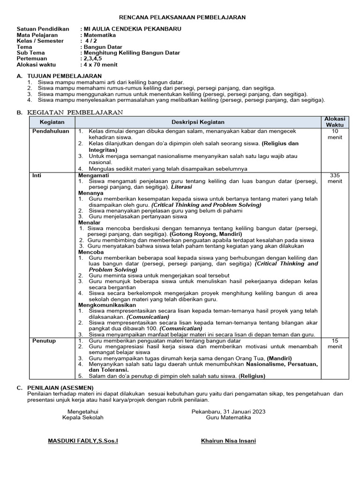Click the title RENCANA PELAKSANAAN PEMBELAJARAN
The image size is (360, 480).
(x=183, y=17)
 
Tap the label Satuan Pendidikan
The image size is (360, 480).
(x=43, y=29)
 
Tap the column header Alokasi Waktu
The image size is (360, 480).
(x=335, y=122)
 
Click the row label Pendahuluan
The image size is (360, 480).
(x=51, y=131)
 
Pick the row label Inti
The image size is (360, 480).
(x=37, y=175)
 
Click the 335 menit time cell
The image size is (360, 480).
(x=335, y=178)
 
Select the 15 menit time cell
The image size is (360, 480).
(x=335, y=344)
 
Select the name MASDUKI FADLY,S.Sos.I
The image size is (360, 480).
(x=83, y=442)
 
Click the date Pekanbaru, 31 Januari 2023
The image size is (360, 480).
(x=228, y=411)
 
